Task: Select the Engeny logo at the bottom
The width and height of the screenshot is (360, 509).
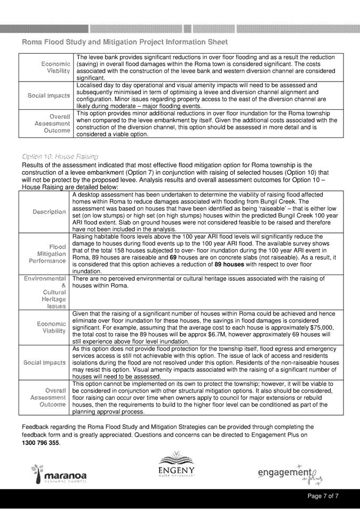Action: pos(180,468)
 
